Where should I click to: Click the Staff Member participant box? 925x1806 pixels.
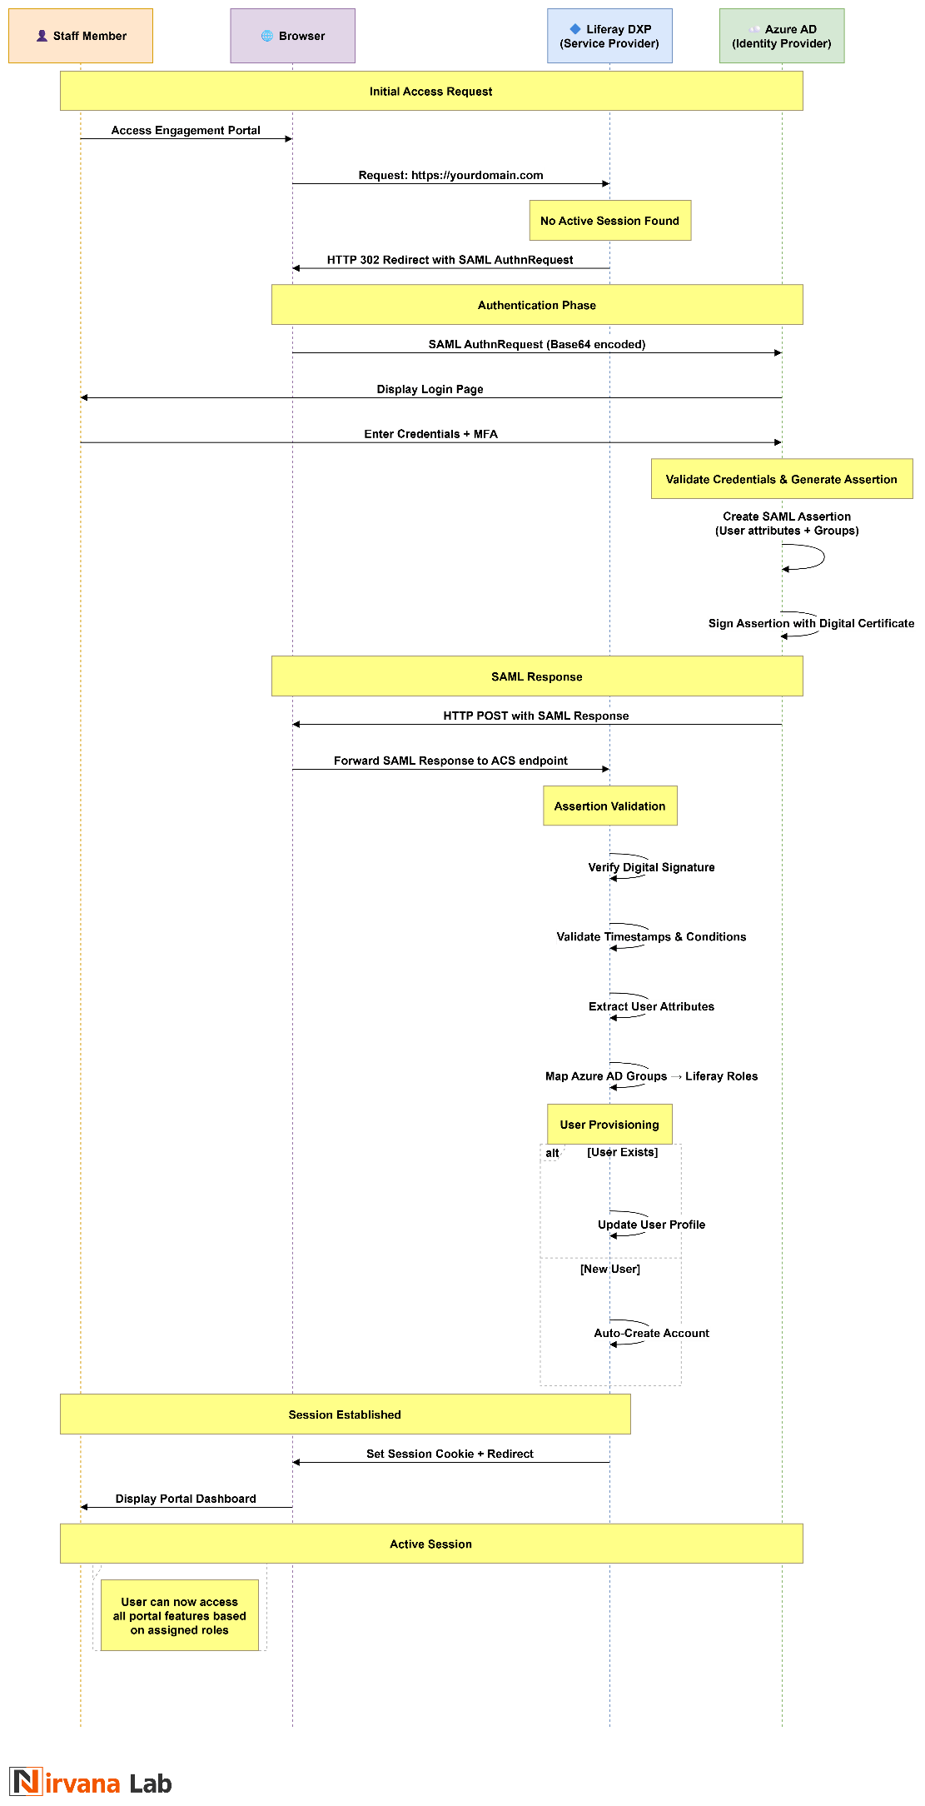pyautogui.click(x=81, y=36)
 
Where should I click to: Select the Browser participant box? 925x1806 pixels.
pyautogui.click(x=292, y=36)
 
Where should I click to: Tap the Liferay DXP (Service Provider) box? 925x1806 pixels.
pyautogui.click(x=609, y=36)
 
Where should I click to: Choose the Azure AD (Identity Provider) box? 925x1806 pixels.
pyautogui.click(x=781, y=36)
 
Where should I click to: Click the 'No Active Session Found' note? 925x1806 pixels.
pyautogui.click(x=609, y=221)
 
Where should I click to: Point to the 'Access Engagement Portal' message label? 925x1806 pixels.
pyautogui.click(x=186, y=130)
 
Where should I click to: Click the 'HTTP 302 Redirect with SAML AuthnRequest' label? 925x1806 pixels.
pyautogui.click(x=450, y=260)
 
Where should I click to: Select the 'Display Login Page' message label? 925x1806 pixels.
pyautogui.click(x=430, y=389)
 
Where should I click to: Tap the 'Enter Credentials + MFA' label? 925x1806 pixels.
pyautogui.click(x=431, y=434)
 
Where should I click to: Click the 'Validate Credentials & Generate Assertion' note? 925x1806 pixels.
pyautogui.click(x=781, y=479)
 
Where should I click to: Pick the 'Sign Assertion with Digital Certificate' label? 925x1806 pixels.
pyautogui.click(x=811, y=623)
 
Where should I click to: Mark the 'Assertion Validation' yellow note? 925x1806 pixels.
pyautogui.click(x=609, y=806)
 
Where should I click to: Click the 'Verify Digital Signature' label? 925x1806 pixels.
pyautogui.click(x=651, y=867)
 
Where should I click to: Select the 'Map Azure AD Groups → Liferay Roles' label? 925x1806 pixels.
pyautogui.click(x=651, y=1076)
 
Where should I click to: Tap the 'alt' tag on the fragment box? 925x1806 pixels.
pyautogui.click(x=552, y=1153)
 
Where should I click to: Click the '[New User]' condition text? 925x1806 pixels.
pyautogui.click(x=610, y=1269)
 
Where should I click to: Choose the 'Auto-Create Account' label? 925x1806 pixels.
pyautogui.click(x=651, y=1333)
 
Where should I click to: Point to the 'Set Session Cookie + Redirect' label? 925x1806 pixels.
pyautogui.click(x=450, y=1454)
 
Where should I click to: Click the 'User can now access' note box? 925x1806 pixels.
pyautogui.click(x=179, y=1615)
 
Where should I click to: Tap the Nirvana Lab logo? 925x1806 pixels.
pyautogui.click(x=91, y=1783)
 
